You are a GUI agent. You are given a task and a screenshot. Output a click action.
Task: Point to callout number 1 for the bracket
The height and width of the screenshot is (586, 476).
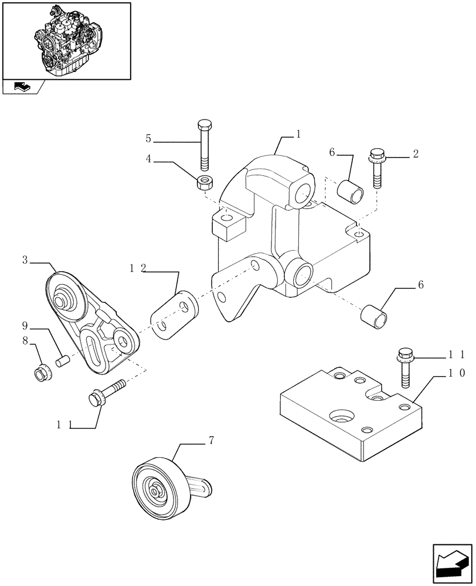click(298, 134)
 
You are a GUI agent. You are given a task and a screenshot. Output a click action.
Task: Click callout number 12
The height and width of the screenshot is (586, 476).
click(138, 268)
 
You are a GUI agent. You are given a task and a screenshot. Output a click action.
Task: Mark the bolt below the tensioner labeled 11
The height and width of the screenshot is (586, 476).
click(106, 393)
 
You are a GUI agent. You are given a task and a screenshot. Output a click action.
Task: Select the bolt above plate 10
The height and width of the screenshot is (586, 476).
click(404, 366)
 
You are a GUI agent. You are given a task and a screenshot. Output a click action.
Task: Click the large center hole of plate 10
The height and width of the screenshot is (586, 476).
click(340, 417)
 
